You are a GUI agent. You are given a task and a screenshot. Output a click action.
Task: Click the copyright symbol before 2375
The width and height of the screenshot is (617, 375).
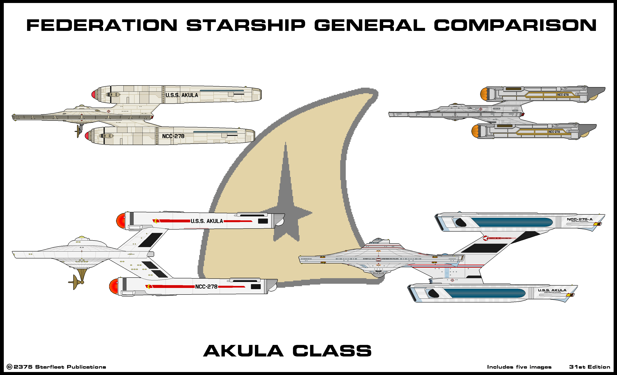pyautogui.click(x=9, y=367)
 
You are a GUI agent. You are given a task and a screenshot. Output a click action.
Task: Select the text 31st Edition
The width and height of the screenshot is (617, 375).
pyautogui.click(x=590, y=367)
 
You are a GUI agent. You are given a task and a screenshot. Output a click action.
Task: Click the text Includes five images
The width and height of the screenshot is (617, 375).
pyautogui.click(x=519, y=367)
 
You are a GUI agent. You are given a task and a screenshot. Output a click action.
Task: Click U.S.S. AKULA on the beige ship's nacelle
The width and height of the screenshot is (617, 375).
pyautogui.click(x=182, y=95)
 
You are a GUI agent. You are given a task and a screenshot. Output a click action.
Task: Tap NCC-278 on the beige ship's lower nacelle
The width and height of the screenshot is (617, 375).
pyautogui.click(x=173, y=136)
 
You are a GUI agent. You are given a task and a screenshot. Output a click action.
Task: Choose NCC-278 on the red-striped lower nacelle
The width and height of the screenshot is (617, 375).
pyautogui.click(x=206, y=287)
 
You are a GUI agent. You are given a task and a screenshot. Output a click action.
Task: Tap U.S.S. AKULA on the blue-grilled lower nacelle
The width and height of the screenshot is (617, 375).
pyautogui.click(x=552, y=290)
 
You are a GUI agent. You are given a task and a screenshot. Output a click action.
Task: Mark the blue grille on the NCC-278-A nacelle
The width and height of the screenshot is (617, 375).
pyautogui.click(x=511, y=222)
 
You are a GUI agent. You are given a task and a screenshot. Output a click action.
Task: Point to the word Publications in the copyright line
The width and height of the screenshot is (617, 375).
pyautogui.click(x=86, y=367)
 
